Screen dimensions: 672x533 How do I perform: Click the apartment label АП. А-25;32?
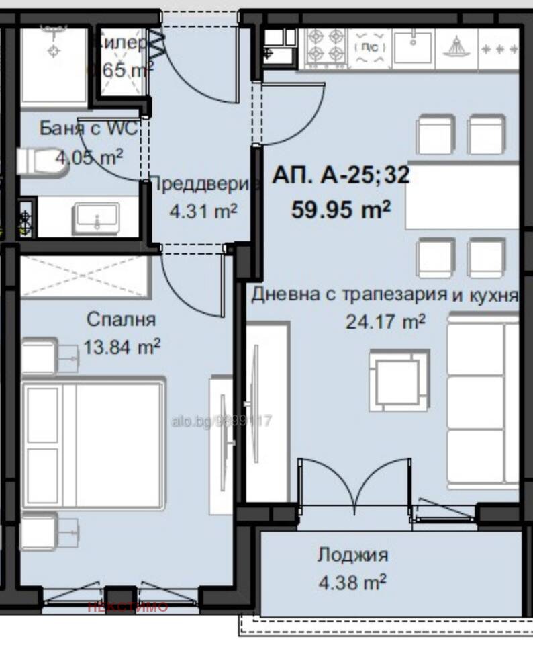(340, 176)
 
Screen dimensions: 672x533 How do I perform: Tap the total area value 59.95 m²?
(340, 210)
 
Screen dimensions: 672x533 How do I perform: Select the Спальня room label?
(122, 319)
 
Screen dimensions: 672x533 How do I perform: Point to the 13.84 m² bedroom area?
(122, 347)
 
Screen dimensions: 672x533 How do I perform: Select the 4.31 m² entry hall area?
(203, 211)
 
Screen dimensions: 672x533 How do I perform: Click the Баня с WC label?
(88, 128)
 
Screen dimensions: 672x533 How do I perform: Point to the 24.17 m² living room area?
(385, 322)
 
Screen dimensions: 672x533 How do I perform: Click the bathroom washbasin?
(97, 218)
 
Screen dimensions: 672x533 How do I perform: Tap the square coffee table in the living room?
(399, 379)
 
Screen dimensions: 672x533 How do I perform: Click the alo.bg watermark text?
(221, 421)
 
